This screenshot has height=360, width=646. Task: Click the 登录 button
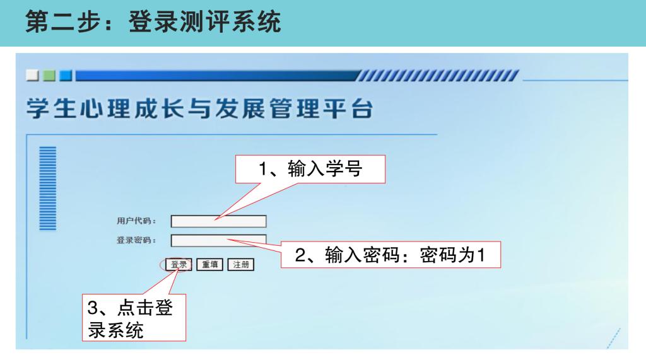[x=179, y=264]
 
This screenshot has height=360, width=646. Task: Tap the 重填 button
[x=209, y=264]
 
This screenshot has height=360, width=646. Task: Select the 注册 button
[x=241, y=264]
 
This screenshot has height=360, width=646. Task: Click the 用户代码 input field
[x=219, y=221]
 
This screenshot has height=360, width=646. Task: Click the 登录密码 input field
[x=219, y=241]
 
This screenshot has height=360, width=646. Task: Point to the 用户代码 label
[x=136, y=221]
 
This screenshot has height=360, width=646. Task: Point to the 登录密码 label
[x=136, y=240]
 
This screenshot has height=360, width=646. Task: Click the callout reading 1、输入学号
[x=310, y=170]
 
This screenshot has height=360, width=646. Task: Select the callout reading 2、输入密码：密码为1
[x=391, y=255]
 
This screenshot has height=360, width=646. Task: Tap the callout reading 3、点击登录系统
[x=134, y=318]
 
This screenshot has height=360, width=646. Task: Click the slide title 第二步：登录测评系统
[x=153, y=22]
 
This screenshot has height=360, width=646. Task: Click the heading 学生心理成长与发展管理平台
[x=200, y=109]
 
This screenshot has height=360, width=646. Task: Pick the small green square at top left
[x=49, y=76]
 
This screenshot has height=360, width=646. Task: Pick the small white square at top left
[x=32, y=76]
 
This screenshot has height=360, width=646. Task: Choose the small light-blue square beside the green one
[x=66, y=76]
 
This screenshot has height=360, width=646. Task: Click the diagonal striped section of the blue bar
[x=438, y=76]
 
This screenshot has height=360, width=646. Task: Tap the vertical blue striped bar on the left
[x=48, y=189]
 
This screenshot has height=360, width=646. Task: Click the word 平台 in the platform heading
[x=348, y=109]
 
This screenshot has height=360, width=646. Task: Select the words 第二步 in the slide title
[x=63, y=22]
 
